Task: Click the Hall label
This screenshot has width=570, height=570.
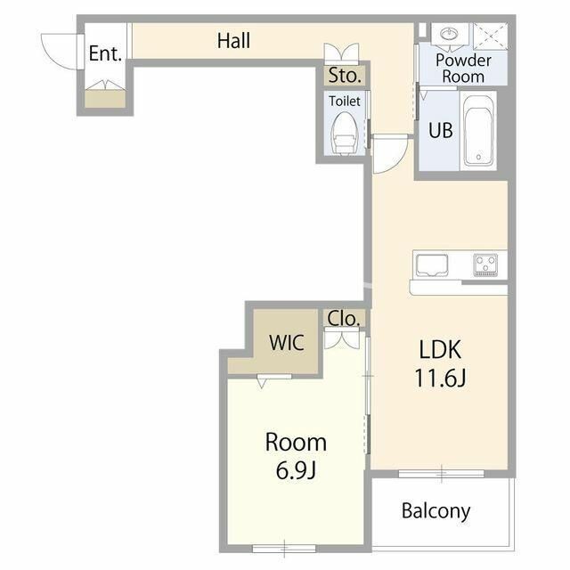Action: click(x=233, y=40)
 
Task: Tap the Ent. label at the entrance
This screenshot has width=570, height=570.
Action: click(x=105, y=53)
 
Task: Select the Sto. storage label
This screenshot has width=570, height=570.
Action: click(x=345, y=75)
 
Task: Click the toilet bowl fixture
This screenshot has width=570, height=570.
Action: click(x=344, y=133)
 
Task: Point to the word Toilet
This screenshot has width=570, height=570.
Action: click(x=345, y=101)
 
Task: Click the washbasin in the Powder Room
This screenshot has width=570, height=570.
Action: click(x=449, y=34)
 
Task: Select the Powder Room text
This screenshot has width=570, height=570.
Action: click(x=463, y=69)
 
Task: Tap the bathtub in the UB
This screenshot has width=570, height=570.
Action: click(x=478, y=131)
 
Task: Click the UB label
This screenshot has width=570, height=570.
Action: click(x=441, y=130)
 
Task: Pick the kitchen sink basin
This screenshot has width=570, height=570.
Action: click(x=432, y=265)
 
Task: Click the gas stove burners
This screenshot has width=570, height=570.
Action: click(x=485, y=265)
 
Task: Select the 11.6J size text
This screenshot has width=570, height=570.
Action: click(x=440, y=378)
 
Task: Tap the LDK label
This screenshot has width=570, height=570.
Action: click(x=440, y=349)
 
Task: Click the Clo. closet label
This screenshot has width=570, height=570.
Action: click(x=344, y=319)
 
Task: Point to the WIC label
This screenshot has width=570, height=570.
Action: click(x=287, y=342)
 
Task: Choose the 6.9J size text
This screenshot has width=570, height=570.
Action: click(x=296, y=470)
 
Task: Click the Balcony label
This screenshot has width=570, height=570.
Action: click(x=436, y=511)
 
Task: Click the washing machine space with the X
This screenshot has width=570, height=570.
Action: click(x=490, y=36)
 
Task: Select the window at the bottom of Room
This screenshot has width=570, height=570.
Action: click(x=284, y=548)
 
